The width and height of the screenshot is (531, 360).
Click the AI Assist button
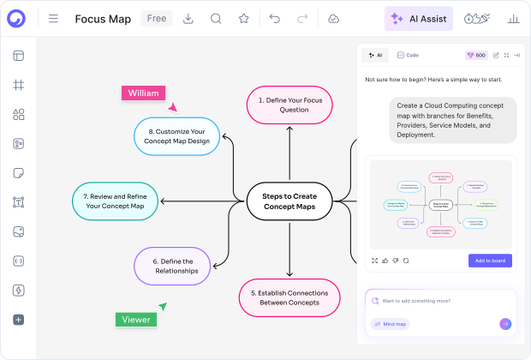click(419, 18)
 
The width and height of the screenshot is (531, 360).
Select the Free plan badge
click(156, 18)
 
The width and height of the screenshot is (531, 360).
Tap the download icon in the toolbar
click(188, 18)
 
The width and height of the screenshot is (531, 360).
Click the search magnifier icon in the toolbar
click(216, 18)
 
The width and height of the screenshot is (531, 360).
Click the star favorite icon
click(243, 18)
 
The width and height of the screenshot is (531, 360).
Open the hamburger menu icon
click(53, 18)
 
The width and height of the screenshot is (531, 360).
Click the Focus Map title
click(103, 18)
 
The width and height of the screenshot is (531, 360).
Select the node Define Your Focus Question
click(289, 105)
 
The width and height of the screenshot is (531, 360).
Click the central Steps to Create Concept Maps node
click(289, 201)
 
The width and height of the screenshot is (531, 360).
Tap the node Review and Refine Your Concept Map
click(114, 201)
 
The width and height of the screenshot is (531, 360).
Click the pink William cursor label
click(144, 93)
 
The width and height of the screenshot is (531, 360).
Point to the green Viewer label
click(136, 320)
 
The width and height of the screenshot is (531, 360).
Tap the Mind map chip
click(390, 324)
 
